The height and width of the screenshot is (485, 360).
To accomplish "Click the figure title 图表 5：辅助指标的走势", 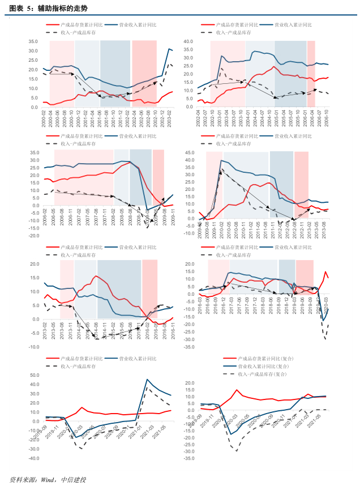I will [x=48, y=8].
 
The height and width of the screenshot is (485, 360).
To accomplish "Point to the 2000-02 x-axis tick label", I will [x=45, y=118].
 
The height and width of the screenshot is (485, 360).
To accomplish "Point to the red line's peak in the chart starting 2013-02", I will [x=96, y=276].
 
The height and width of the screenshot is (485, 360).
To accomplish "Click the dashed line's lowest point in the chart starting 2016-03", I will [x=325, y=339].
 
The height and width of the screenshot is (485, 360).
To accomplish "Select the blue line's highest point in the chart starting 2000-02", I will [x=169, y=49].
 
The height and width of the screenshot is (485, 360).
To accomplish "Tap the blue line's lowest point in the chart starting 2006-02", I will [x=147, y=210].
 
